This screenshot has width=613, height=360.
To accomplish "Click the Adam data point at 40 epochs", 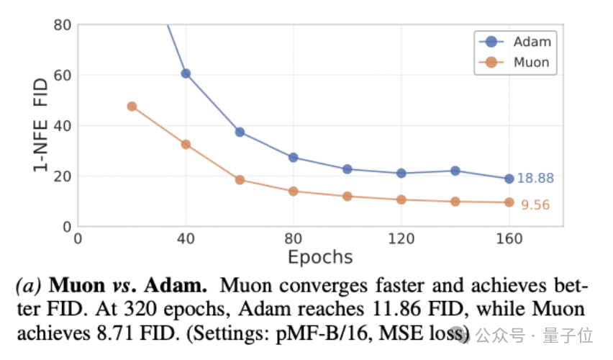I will click(186, 73).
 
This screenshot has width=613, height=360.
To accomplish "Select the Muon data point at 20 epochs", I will click(132, 107).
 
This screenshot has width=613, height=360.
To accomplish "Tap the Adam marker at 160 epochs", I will click(509, 179).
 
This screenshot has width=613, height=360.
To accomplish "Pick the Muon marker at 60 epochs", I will click(240, 180).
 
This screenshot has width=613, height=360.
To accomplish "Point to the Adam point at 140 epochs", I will click(455, 171).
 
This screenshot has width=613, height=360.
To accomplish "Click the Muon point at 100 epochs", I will click(348, 196).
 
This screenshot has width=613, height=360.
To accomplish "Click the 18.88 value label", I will click(535, 179).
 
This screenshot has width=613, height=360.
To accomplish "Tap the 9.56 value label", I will click(535, 205).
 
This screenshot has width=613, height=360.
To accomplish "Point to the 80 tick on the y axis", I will click(63, 25).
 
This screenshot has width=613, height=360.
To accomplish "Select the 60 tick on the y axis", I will click(63, 76).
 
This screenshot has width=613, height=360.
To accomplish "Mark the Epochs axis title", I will click(320, 257).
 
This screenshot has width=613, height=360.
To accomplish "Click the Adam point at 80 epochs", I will click(293, 158).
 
